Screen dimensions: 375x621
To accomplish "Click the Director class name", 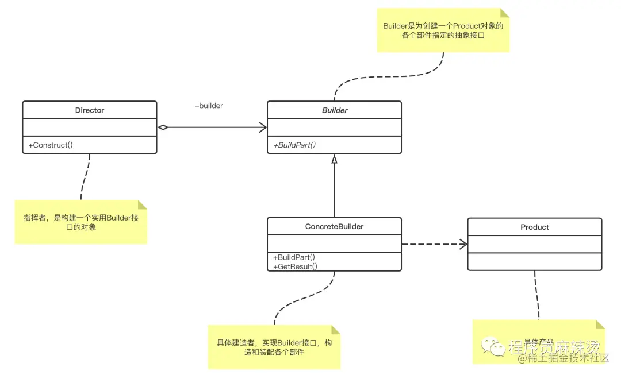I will [x=89, y=110].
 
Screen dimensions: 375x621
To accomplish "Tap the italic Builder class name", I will [x=334, y=110].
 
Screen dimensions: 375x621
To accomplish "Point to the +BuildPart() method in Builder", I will [x=294, y=145].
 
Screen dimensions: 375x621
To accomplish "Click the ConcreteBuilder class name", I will [x=334, y=226].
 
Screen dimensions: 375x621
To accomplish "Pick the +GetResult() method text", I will [x=295, y=266].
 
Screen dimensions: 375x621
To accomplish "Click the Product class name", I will [x=534, y=227].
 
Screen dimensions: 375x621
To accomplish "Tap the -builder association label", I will [x=209, y=106].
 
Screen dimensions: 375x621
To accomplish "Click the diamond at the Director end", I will [x=162, y=127].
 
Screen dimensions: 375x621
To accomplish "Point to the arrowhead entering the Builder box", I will [x=263, y=127].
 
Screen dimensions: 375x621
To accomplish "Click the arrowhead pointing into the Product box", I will [x=463, y=244].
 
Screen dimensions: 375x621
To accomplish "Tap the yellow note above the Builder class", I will [x=443, y=30].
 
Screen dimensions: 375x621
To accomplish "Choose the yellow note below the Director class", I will [x=80, y=222].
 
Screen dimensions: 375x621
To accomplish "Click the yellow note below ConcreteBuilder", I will [x=274, y=347].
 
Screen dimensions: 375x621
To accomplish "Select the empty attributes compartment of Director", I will [x=89, y=127].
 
